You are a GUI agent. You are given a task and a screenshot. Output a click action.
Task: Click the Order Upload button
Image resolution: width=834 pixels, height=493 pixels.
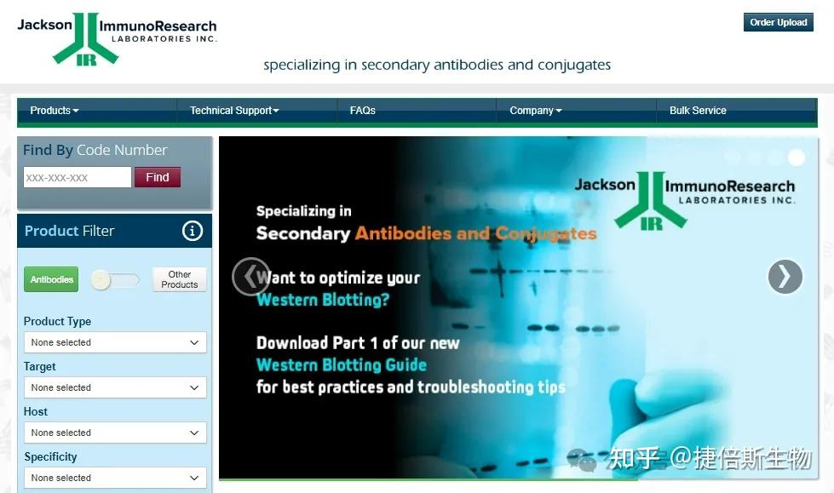pos(778,22)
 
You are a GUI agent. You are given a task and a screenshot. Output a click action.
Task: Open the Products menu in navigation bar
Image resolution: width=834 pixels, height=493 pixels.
pos(55,111)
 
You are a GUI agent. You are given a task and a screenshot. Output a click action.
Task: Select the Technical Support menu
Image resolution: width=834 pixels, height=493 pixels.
pos(234,111)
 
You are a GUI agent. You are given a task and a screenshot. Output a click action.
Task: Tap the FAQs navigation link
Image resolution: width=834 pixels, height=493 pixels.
pos(363,111)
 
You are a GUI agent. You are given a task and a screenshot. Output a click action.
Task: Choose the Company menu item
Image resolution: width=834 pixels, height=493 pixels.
pos(536,111)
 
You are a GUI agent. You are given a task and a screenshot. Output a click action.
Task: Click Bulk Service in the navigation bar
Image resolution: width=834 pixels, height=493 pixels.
pos(698,111)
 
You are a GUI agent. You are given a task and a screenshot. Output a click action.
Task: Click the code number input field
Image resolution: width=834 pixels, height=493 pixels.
pos(78,177)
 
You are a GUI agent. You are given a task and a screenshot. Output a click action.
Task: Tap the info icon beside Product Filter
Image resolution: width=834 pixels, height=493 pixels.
pos(193,231)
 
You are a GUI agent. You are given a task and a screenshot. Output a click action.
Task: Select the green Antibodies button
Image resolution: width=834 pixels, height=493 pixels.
pos(51,279)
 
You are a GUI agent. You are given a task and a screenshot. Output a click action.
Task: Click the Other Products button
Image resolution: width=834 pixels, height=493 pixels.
pos(179,279)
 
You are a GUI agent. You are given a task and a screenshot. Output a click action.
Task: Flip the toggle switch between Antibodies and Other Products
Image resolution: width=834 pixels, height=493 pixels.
pos(115,280)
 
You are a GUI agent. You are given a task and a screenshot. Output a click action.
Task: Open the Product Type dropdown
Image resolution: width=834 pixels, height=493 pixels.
pos(115,342)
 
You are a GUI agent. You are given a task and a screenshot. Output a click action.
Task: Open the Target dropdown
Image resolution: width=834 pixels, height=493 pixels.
pos(115,387)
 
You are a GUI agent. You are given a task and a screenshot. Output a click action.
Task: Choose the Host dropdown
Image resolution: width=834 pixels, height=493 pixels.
pos(115,433)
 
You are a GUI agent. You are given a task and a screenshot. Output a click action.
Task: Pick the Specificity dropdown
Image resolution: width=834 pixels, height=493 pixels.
pos(115,479)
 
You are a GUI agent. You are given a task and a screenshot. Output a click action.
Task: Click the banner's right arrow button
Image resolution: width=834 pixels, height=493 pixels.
pos(785,277)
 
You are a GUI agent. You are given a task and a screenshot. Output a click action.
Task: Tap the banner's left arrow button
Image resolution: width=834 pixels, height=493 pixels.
pos(251,277)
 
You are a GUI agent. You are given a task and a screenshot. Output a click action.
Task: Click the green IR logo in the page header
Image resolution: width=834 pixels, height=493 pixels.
pos(86,39)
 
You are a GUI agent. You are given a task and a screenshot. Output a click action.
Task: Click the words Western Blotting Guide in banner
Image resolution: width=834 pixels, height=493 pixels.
pos(342,364)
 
